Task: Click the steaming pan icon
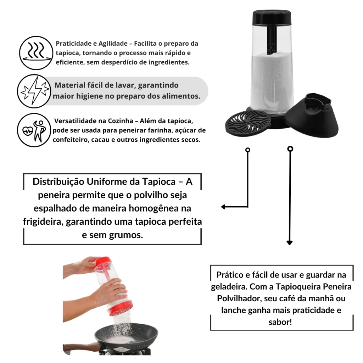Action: coord(36,53)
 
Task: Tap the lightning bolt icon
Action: coord(34,91)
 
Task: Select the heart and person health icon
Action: coord(34,130)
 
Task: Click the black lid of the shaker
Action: coord(272,17)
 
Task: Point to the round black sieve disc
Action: coord(248,123)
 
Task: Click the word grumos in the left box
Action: coord(126,235)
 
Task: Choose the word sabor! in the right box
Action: coord(280,322)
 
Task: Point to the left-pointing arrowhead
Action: coord(223,207)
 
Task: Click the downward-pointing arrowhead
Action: coord(290,242)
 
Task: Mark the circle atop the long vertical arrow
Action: coord(290,149)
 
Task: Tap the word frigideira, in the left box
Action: coord(43,222)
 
